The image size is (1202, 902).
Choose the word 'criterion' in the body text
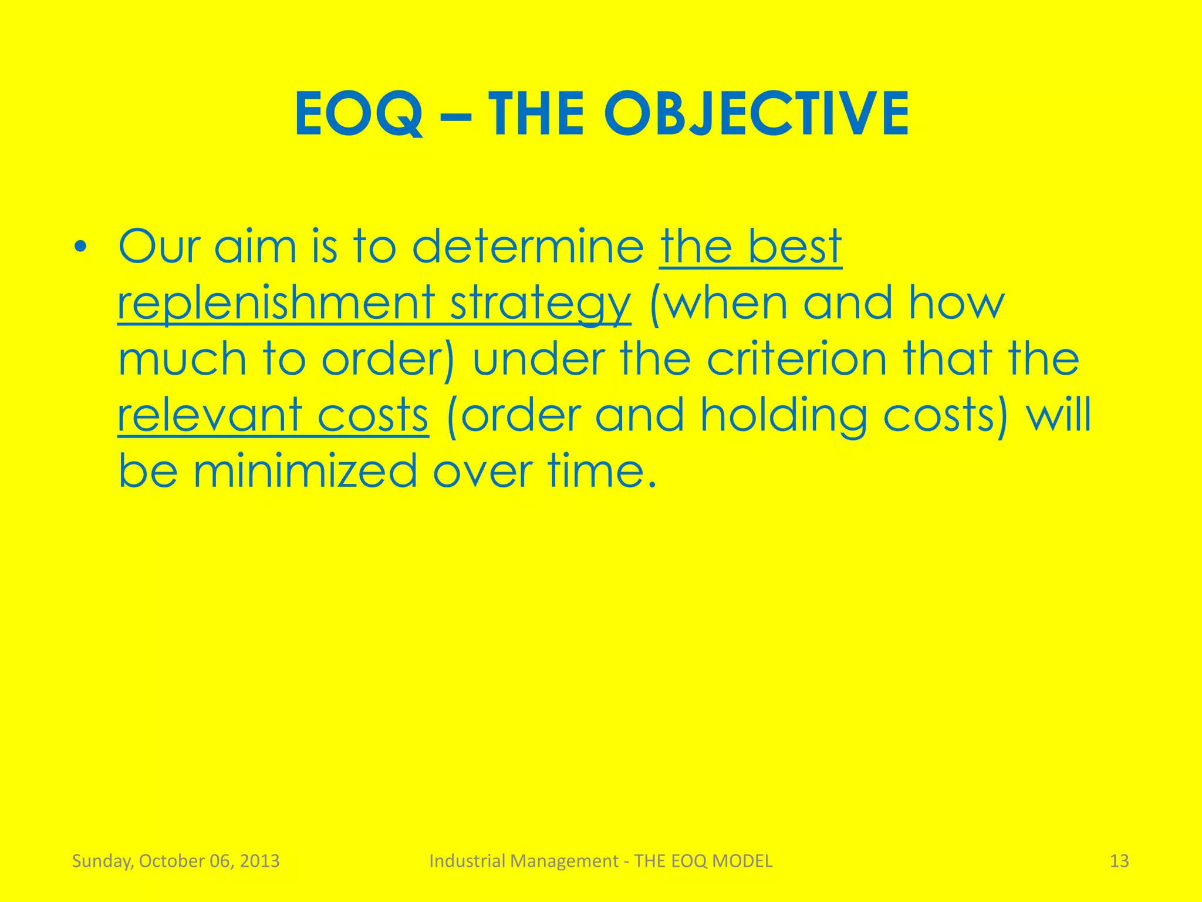(796, 359)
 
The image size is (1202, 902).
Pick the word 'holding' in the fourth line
(784, 415)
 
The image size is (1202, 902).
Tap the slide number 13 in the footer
(1119, 861)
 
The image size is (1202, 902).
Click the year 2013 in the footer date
(260, 861)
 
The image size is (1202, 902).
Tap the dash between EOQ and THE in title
(455, 116)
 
